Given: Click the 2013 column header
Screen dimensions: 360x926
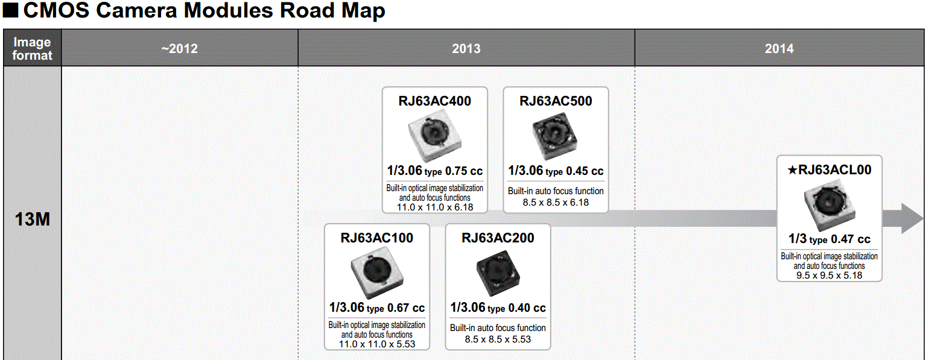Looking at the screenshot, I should [466, 48].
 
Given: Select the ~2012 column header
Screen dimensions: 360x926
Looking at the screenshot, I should [179, 48].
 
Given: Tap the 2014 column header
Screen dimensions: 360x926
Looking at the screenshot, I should [779, 48].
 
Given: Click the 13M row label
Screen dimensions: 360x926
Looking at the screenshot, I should [32, 219].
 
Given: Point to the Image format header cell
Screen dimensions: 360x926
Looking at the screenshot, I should [32, 48].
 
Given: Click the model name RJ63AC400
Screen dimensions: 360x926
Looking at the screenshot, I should [434, 101].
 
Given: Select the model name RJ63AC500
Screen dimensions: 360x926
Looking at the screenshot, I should [556, 101].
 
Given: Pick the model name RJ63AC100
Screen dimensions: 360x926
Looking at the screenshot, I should [376, 238].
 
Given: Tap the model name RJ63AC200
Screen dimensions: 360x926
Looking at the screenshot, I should [498, 238].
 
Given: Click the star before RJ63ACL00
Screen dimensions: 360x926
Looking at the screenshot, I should [793, 170].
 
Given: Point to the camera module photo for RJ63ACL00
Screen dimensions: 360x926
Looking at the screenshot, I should [829, 205].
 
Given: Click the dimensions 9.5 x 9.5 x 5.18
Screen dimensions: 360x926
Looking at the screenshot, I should [829, 276].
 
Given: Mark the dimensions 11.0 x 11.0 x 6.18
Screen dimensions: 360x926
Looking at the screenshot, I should [434, 207].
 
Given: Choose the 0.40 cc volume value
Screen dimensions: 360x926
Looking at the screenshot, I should [527, 308].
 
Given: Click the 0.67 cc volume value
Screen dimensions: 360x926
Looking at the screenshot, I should [405, 308].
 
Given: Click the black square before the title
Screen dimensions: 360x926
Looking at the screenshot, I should [10, 11].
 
